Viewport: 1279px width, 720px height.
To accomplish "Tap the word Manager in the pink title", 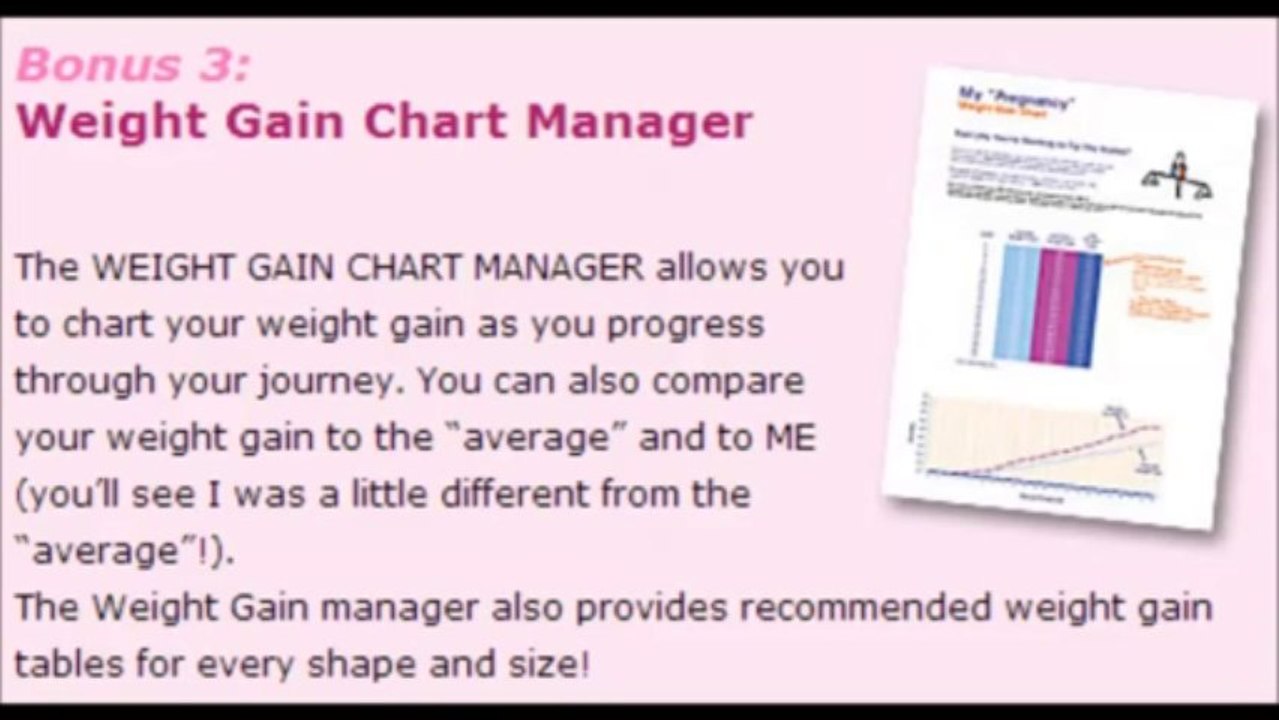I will click(x=639, y=122).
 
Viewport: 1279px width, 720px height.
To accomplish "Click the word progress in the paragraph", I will click(x=681, y=324).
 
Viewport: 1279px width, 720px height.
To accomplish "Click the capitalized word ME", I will click(x=788, y=438).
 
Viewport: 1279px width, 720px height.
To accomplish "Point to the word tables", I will click(x=66, y=664).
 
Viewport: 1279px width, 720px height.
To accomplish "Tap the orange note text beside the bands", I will click(x=1164, y=290).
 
